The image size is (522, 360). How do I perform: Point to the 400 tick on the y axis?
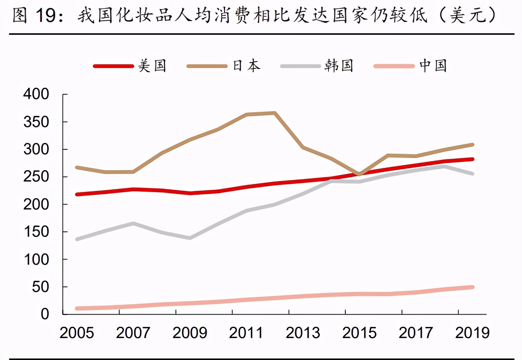(36, 94)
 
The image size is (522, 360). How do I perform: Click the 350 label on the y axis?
(36, 122)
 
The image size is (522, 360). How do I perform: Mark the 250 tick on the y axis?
(36, 177)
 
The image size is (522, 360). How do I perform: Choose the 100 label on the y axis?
(36, 259)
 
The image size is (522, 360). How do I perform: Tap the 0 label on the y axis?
(45, 314)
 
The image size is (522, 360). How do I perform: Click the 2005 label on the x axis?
(77, 333)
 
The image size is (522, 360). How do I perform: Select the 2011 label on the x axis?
(246, 333)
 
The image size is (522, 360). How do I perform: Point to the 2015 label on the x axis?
(359, 333)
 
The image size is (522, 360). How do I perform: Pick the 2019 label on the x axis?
(472, 333)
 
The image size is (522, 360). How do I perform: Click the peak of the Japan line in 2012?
(275, 113)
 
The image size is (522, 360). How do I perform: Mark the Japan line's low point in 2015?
(359, 174)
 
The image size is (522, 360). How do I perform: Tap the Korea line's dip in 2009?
(190, 238)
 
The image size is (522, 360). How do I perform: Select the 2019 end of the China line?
(472, 287)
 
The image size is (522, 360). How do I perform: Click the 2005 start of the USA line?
(77, 194)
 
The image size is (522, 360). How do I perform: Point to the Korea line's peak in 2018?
(444, 166)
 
